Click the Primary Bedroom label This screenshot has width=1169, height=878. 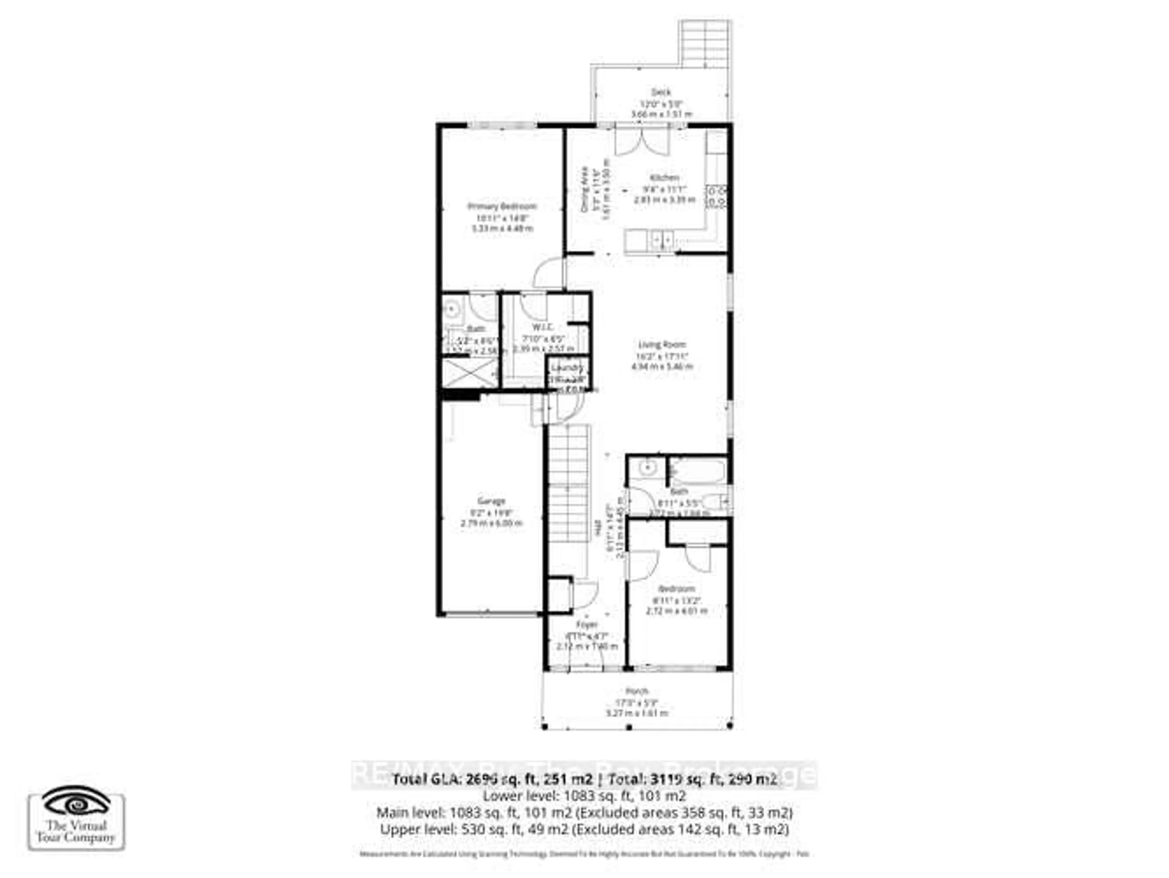click(502, 206)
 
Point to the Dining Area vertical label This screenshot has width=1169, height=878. click(584, 189)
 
